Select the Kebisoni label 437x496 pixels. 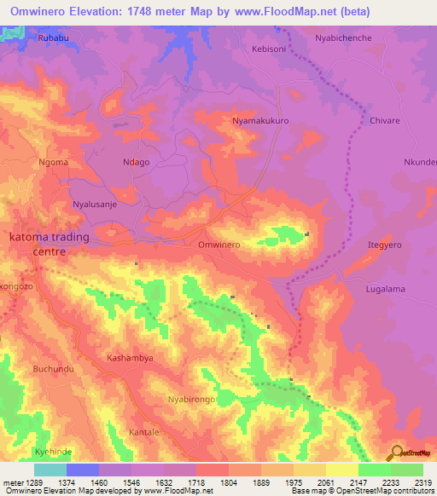click(270, 49)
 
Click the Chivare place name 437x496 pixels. click(384, 122)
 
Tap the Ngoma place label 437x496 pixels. click(53, 162)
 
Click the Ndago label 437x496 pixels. click(137, 162)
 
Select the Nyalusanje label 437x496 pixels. click(96, 205)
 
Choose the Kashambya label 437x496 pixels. click(130, 358)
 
